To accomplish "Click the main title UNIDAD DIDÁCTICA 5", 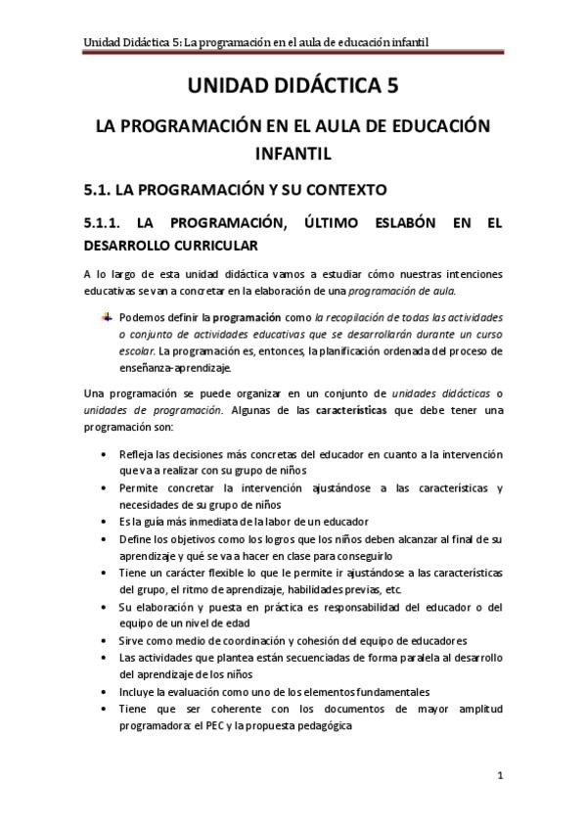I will point(293,87).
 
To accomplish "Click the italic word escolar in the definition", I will point(136,349).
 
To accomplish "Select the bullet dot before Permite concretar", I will point(105,487).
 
